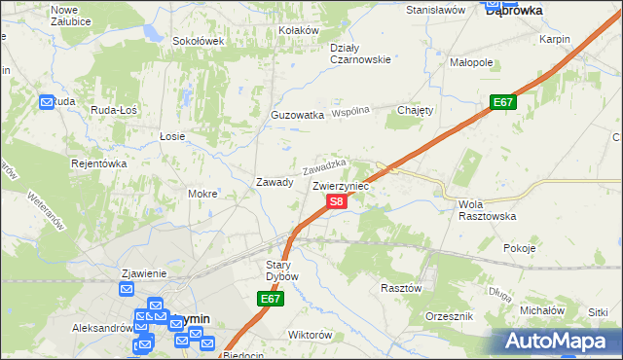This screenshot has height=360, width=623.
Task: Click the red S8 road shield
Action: tap(335, 201)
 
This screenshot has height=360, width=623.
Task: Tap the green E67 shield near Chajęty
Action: tap(502, 102)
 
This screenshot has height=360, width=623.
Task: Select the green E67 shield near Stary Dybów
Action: tap(272, 300)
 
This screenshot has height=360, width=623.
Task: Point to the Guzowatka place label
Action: tap(297, 115)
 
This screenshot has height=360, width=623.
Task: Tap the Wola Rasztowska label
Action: tap(486, 210)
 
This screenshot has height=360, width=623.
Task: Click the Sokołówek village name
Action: tap(199, 41)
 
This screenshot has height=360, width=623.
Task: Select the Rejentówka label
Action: tap(99, 163)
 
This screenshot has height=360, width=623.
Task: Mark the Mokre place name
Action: tap(202, 194)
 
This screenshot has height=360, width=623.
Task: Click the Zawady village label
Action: tap(275, 182)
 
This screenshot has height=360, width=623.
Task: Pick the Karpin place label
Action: tap(554, 40)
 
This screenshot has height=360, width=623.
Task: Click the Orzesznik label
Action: tap(450, 317)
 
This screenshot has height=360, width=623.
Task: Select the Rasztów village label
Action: tap(401, 288)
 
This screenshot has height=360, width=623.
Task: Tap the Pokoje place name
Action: tap(520, 248)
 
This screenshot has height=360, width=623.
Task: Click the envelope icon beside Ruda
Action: tap(48, 101)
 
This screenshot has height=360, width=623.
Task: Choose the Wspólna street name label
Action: tap(350, 112)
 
